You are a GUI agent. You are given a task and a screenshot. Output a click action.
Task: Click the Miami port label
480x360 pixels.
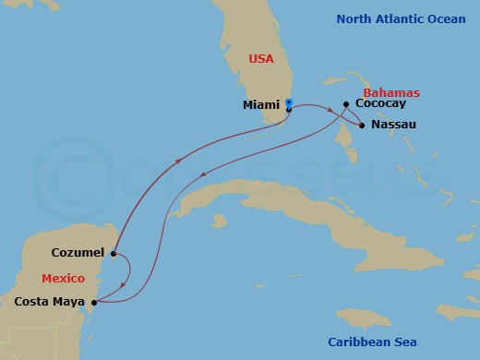[x=261, y=105]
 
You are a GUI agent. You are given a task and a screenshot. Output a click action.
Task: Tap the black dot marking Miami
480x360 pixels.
[x=289, y=110]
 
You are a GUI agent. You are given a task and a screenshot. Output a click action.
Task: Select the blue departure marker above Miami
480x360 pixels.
[x=289, y=102]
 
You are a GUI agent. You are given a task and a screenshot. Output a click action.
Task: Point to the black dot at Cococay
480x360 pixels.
[x=345, y=104]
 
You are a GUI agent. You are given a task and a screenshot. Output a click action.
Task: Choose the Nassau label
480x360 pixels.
[x=392, y=124]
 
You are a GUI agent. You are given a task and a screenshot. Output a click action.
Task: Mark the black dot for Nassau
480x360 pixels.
[x=362, y=124]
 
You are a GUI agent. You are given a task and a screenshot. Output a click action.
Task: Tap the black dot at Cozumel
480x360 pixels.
[x=113, y=252]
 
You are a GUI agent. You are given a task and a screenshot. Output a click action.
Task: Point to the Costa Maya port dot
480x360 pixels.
[x=93, y=301]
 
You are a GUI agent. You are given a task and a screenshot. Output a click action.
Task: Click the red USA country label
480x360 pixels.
[x=262, y=59]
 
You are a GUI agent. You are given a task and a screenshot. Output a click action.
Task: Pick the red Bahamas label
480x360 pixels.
[x=391, y=93]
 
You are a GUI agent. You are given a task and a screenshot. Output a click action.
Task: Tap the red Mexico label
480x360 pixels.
[x=64, y=278]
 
